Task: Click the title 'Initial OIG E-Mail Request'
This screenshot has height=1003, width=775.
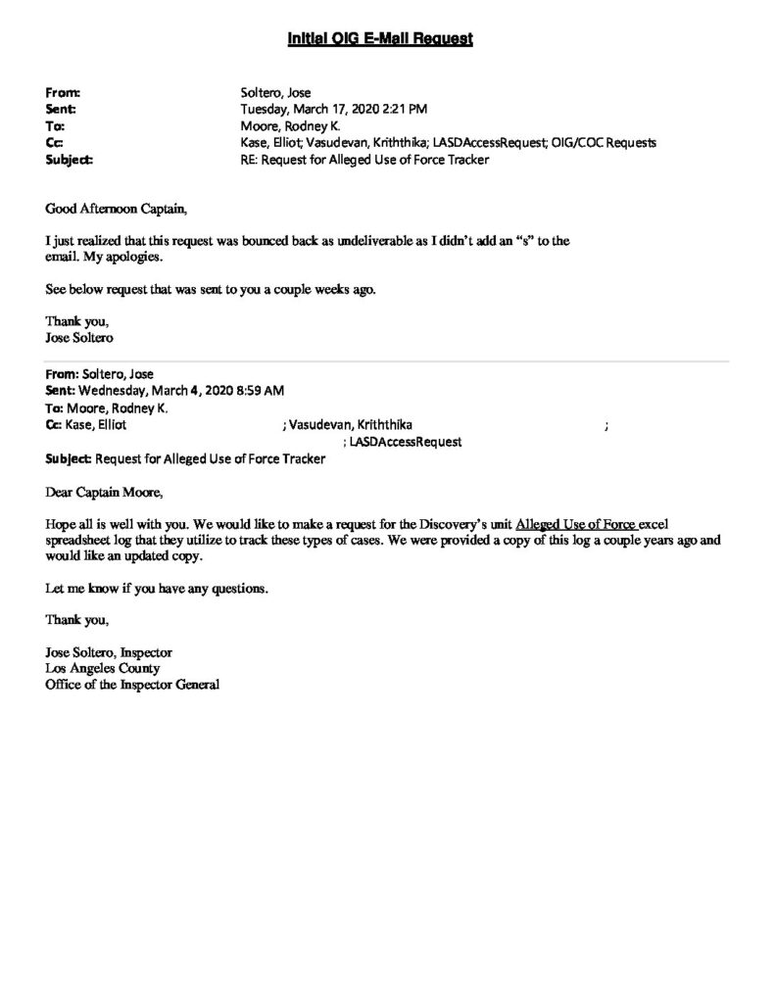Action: [x=380, y=39]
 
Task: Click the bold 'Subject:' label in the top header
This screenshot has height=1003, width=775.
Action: [x=69, y=160]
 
